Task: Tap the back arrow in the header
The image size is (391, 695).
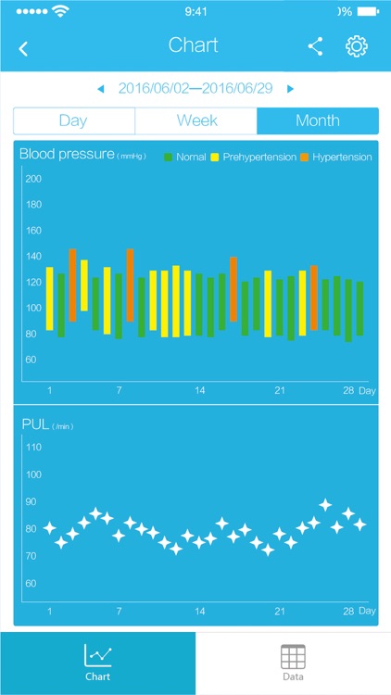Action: [x=23, y=49]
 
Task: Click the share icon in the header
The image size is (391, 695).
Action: [x=316, y=47]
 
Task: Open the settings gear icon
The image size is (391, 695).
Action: [x=357, y=47]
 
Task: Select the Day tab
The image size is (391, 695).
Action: [x=73, y=120]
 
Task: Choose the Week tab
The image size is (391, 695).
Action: [x=196, y=120]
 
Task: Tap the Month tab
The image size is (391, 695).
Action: [x=318, y=120]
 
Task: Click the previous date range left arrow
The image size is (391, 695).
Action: [x=101, y=89]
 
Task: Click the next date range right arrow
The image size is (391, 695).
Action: [x=290, y=89]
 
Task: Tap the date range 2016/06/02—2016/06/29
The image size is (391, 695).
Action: [x=195, y=89]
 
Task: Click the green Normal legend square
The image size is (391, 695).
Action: [x=169, y=158]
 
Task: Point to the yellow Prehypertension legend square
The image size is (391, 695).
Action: [x=215, y=158]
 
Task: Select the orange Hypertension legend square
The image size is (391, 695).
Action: [x=305, y=158]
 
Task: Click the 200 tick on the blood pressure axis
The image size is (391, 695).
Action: [x=33, y=179]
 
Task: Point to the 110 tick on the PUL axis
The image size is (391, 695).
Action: [x=33, y=447]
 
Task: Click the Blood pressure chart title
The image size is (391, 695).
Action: [x=67, y=155]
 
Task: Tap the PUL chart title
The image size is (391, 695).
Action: [x=34, y=424]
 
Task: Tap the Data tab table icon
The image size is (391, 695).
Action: [x=293, y=657]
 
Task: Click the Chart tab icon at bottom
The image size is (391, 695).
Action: [x=97, y=656]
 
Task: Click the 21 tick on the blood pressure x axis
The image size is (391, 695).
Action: [x=279, y=390]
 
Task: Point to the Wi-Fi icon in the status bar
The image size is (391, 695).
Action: [x=62, y=12]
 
